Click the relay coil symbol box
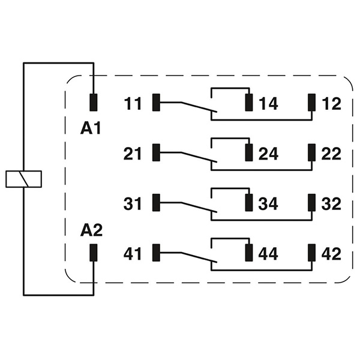[x=23, y=179]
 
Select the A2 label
[x=92, y=230]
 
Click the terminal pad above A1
[x=94, y=103]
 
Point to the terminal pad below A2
[x=94, y=253]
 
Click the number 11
[x=133, y=103]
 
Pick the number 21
[x=133, y=154]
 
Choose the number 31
[x=133, y=203]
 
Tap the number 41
[x=133, y=253]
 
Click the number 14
[x=268, y=103]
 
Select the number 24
[x=268, y=154]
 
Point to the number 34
[x=268, y=203]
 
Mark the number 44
[x=268, y=253]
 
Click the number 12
[x=331, y=103]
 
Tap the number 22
[x=331, y=154]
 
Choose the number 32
[x=331, y=203]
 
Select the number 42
[x=331, y=253]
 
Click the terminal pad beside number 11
[x=157, y=103]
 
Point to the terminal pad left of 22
[x=311, y=153]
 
